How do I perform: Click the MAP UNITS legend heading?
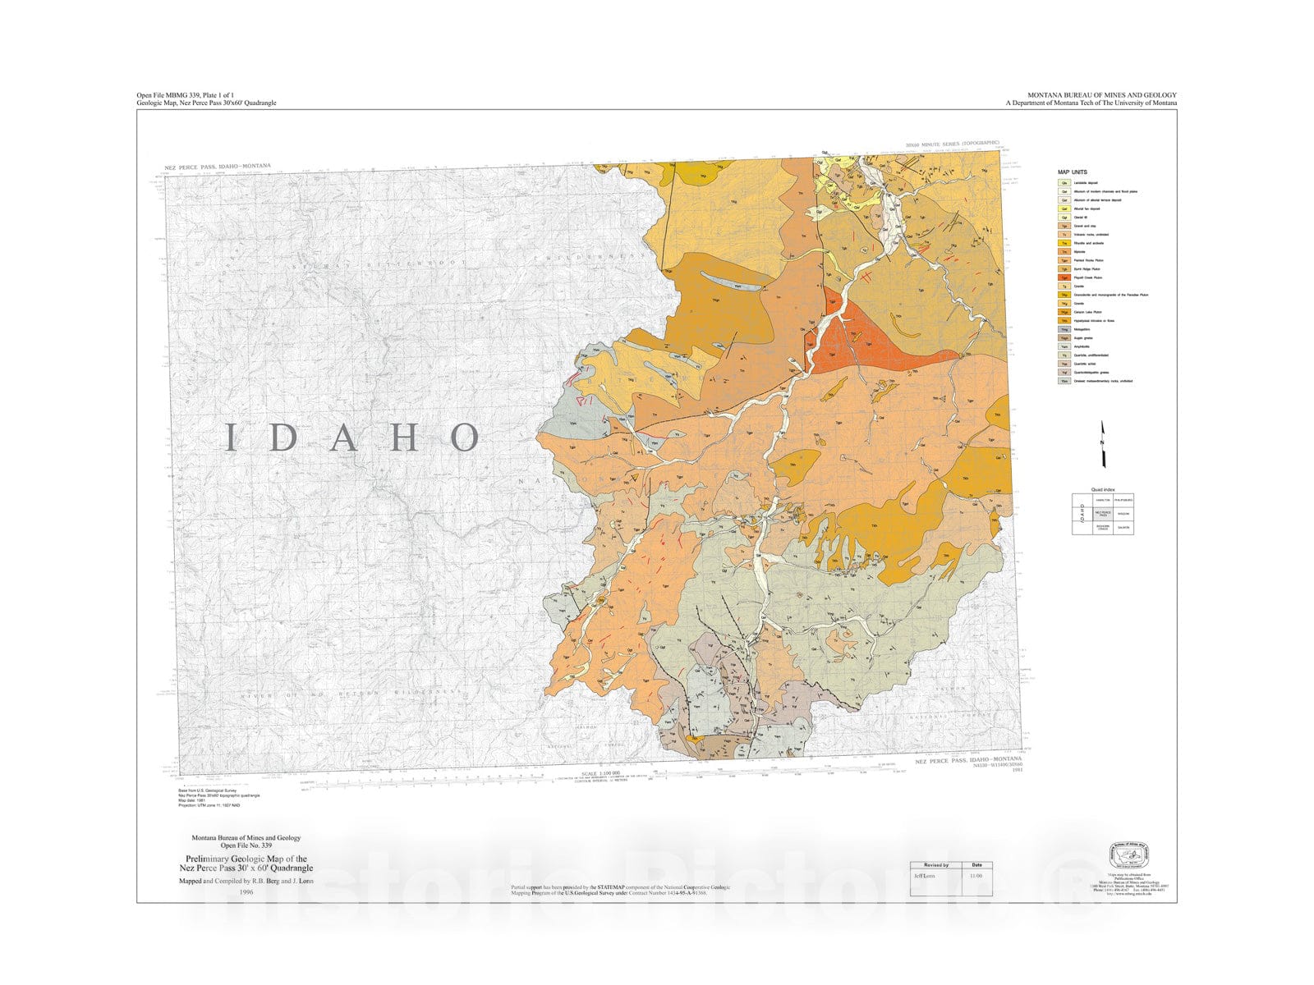click(x=1073, y=172)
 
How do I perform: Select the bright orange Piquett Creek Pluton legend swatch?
click(x=1064, y=277)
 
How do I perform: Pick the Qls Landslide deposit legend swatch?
click(x=1064, y=183)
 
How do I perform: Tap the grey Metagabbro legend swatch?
click(x=1064, y=329)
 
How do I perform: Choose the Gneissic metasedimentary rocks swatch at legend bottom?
click(x=1064, y=381)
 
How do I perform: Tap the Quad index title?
click(x=1103, y=490)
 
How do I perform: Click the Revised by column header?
click(x=935, y=865)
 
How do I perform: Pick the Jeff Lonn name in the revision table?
click(x=924, y=876)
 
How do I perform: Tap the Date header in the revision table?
click(x=976, y=865)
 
